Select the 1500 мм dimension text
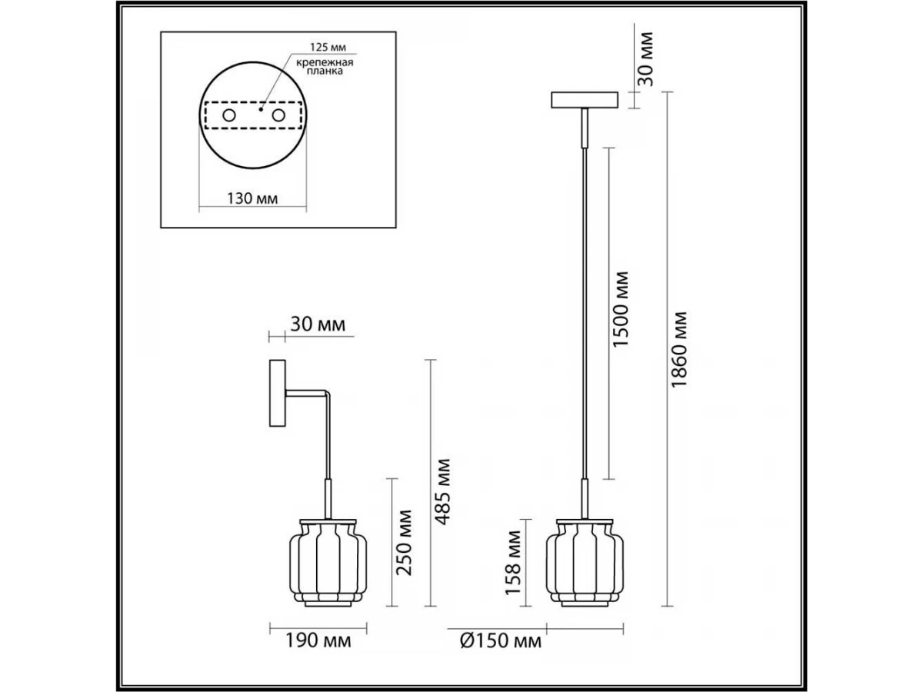pyautogui.click(x=620, y=309)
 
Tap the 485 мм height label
pyautogui.click(x=442, y=492)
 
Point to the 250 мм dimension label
pyautogui.click(x=404, y=542)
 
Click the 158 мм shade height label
pyautogui.click(x=512, y=563)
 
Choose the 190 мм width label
pyautogui.click(x=318, y=640)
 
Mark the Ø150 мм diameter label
pyautogui.click(x=501, y=641)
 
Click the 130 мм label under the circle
pyautogui.click(x=253, y=198)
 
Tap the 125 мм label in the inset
pyautogui.click(x=328, y=47)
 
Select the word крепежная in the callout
pyautogui.click(x=325, y=63)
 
